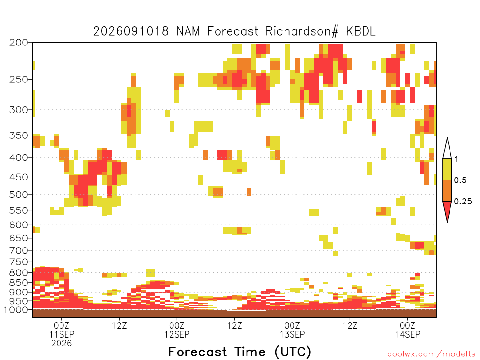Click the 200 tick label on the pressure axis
tap(19, 43)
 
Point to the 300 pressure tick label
tap(19, 110)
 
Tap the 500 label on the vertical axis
tap(19, 195)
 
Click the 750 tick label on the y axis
tap(19, 262)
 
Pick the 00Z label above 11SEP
tap(61, 325)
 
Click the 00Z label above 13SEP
tap(292, 325)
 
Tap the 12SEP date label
tap(177, 335)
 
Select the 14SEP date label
tap(407, 335)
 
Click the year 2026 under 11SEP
tap(61, 344)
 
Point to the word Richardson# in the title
tap(302, 31)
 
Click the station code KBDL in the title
tap(360, 31)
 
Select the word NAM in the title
tap(188, 31)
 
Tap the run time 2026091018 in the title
tap(131, 31)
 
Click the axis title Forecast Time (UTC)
tap(240, 352)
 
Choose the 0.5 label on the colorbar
tap(460, 180)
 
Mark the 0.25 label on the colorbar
tap(463, 202)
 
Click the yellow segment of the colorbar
tap(447, 169)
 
